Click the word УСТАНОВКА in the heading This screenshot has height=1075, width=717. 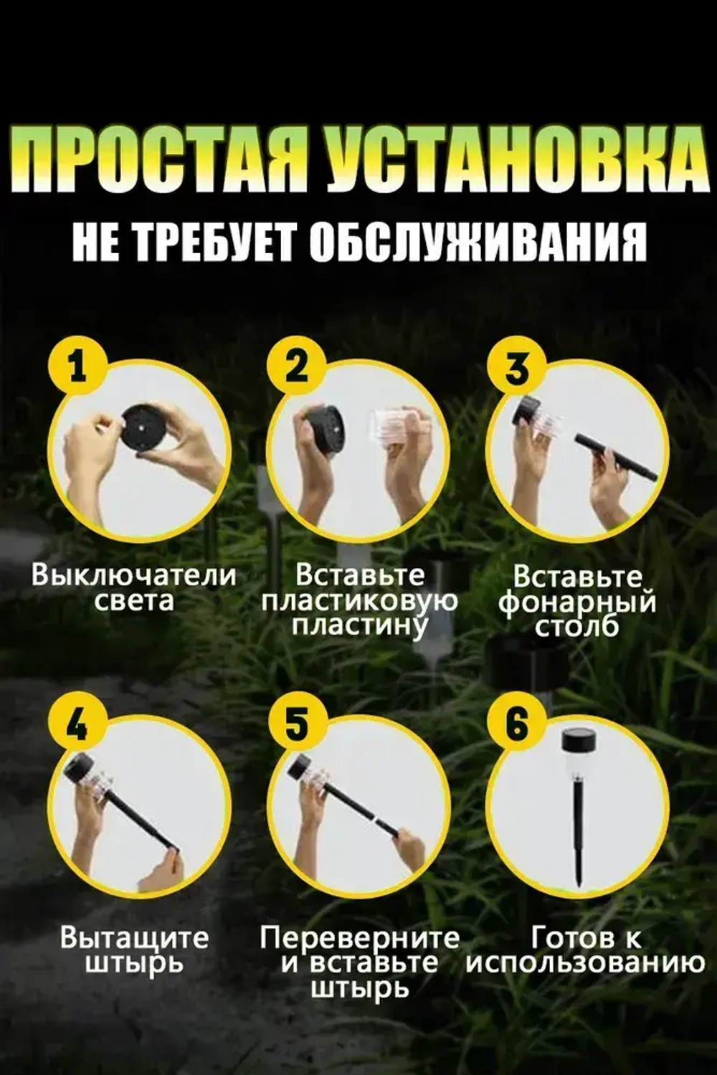pos(512,159)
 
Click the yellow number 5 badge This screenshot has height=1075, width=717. pos(296,724)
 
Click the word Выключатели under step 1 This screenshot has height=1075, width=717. pos(133,575)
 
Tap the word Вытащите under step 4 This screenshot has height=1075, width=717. pos(134,937)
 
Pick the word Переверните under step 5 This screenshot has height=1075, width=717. pos(359,937)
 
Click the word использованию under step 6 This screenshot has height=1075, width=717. pos(585,962)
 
